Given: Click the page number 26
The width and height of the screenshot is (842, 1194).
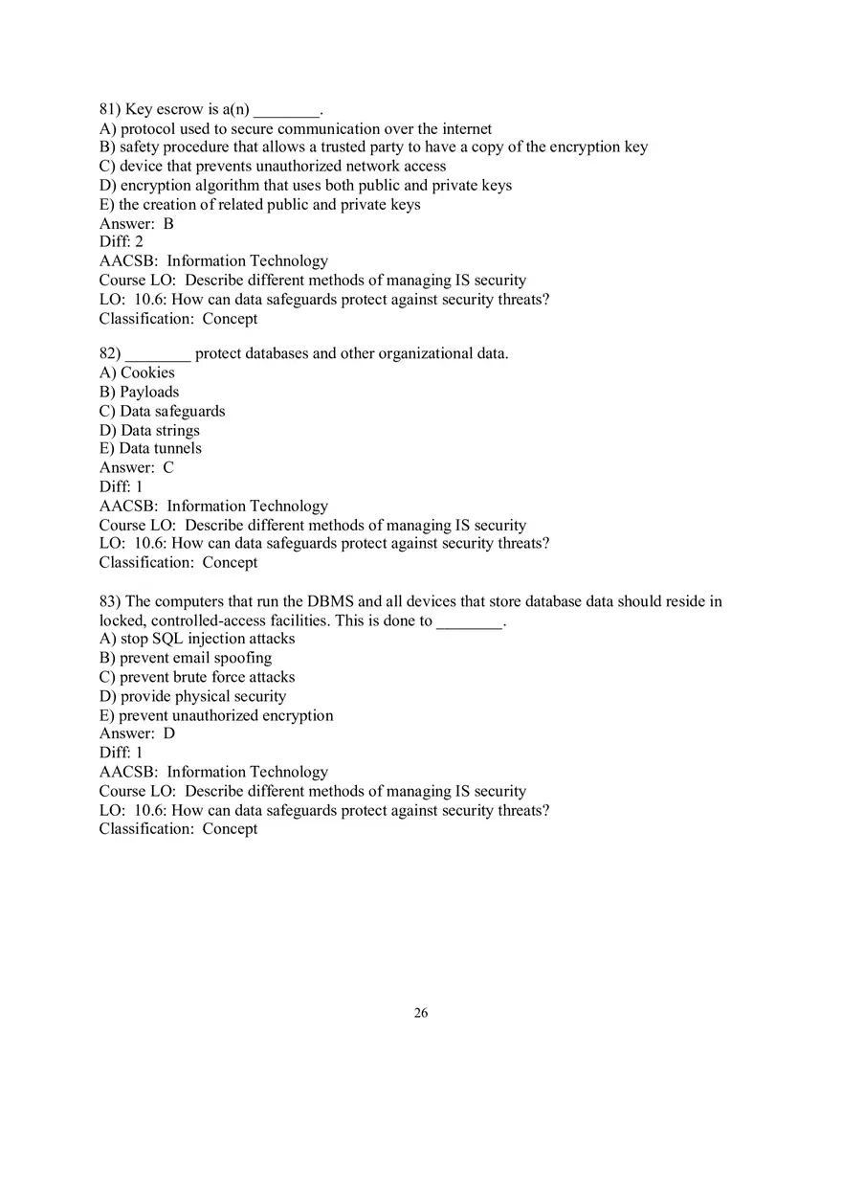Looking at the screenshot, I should (x=421, y=1013).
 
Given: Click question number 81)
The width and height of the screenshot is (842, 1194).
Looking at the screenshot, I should (x=110, y=109).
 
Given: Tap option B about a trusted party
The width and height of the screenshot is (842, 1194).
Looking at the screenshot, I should (x=373, y=147).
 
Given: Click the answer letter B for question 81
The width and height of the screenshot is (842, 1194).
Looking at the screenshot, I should (x=168, y=224).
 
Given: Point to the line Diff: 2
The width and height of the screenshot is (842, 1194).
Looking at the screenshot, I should (x=122, y=242).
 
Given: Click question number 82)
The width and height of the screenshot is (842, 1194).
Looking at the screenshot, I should (x=110, y=354).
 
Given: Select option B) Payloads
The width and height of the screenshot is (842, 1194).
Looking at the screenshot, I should (x=139, y=393).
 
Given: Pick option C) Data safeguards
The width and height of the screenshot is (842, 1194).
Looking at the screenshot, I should (x=162, y=412).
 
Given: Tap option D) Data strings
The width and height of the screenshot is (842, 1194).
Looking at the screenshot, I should (x=149, y=431).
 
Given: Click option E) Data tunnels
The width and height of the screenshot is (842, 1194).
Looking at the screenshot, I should (x=150, y=449).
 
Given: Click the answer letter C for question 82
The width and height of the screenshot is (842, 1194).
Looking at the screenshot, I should (x=168, y=468).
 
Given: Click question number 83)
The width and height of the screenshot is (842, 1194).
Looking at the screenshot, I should (x=110, y=602).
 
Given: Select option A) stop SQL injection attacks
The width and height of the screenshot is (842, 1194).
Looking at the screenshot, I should (x=197, y=640).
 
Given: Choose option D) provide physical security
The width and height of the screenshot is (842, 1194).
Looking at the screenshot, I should (x=192, y=697).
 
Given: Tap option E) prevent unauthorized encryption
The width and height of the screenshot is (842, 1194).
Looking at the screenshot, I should (x=216, y=716).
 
